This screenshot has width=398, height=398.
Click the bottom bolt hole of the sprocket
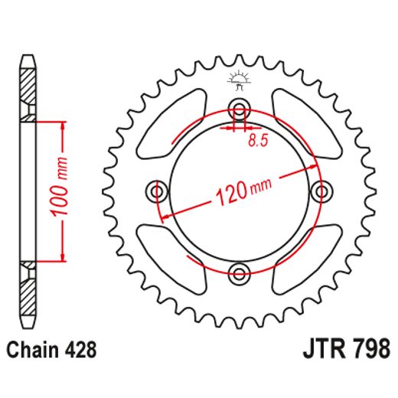point(239,272)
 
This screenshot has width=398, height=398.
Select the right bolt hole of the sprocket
point(321,189)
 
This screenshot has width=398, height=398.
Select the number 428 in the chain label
point(80,351)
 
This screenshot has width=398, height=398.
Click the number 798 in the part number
point(367,350)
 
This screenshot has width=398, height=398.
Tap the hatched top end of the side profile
point(28,88)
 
